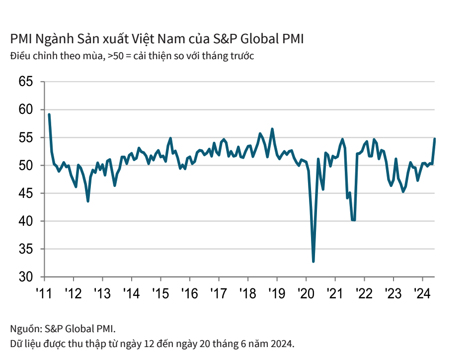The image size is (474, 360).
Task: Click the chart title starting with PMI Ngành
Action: click(x=157, y=39)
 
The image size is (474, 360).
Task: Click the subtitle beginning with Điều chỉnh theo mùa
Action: click(x=132, y=56)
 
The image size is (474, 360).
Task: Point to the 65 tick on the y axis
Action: click(x=25, y=82)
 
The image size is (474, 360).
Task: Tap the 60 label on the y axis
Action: click(x=25, y=109)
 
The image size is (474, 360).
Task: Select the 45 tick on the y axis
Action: click(x=25, y=193)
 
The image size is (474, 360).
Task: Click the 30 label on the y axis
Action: click(x=25, y=276)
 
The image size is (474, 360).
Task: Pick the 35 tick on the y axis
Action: click(x=25, y=249)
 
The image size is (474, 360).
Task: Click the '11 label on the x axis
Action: click(x=44, y=292)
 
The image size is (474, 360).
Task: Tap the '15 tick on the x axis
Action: click(x=160, y=292)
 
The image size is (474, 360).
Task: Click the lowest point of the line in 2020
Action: click(x=313, y=261)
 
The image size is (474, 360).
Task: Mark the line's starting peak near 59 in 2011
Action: click(x=49, y=115)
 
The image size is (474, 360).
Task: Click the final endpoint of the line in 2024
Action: click(x=435, y=139)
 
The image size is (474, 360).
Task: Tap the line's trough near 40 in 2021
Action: click(x=353, y=220)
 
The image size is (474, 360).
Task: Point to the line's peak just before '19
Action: click(x=272, y=129)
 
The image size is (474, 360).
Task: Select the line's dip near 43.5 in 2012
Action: click(x=88, y=201)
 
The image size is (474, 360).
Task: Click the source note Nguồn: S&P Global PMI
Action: click(x=63, y=328)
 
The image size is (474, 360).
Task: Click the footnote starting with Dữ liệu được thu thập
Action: click(x=152, y=344)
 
